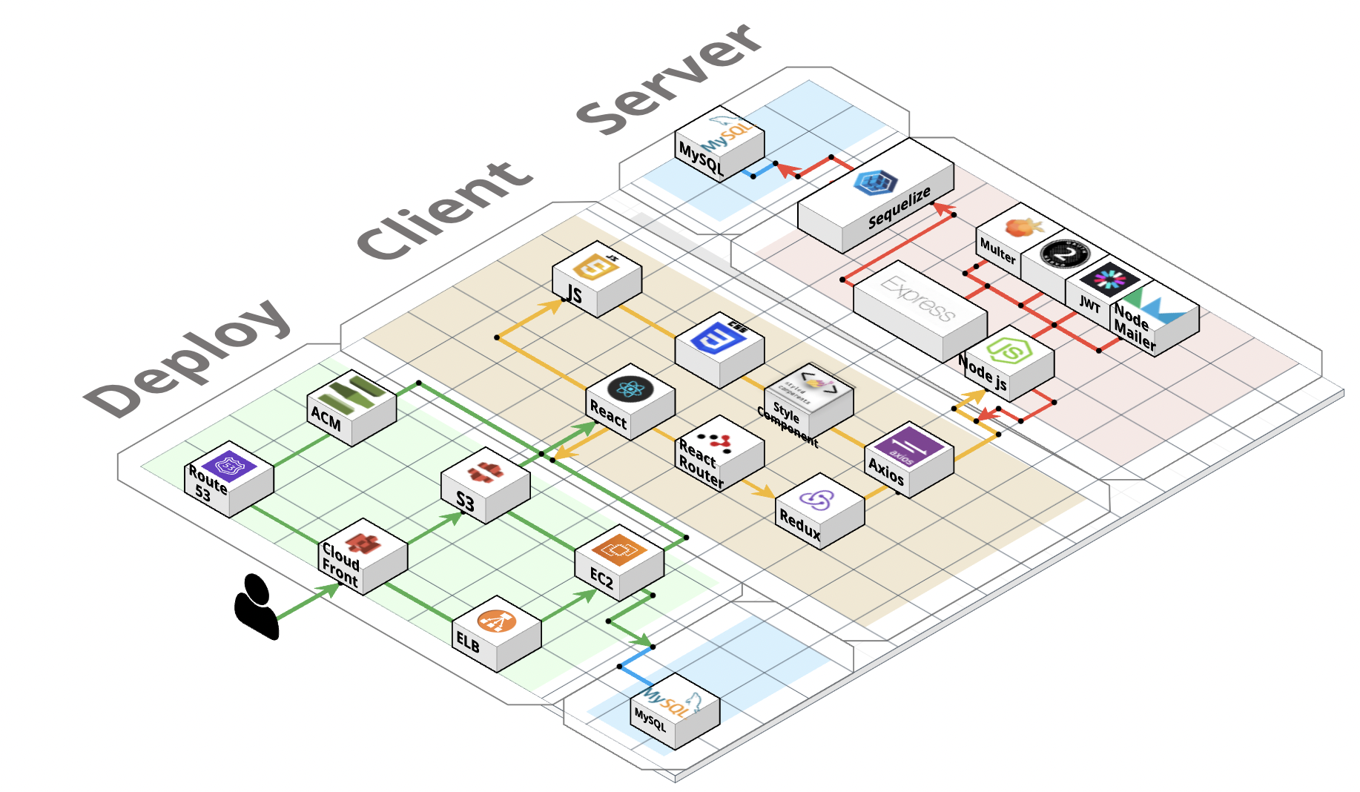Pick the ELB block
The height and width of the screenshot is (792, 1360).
[x=496, y=633]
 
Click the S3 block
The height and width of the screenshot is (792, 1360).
[x=485, y=485]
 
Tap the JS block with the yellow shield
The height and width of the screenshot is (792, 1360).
[x=596, y=279]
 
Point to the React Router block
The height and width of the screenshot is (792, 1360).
[x=720, y=452]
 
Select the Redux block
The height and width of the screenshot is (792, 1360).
[x=820, y=511]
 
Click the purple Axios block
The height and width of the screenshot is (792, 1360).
[x=908, y=460]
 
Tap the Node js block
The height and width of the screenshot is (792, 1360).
[x=1009, y=363]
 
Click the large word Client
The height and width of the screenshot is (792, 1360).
[x=445, y=211]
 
